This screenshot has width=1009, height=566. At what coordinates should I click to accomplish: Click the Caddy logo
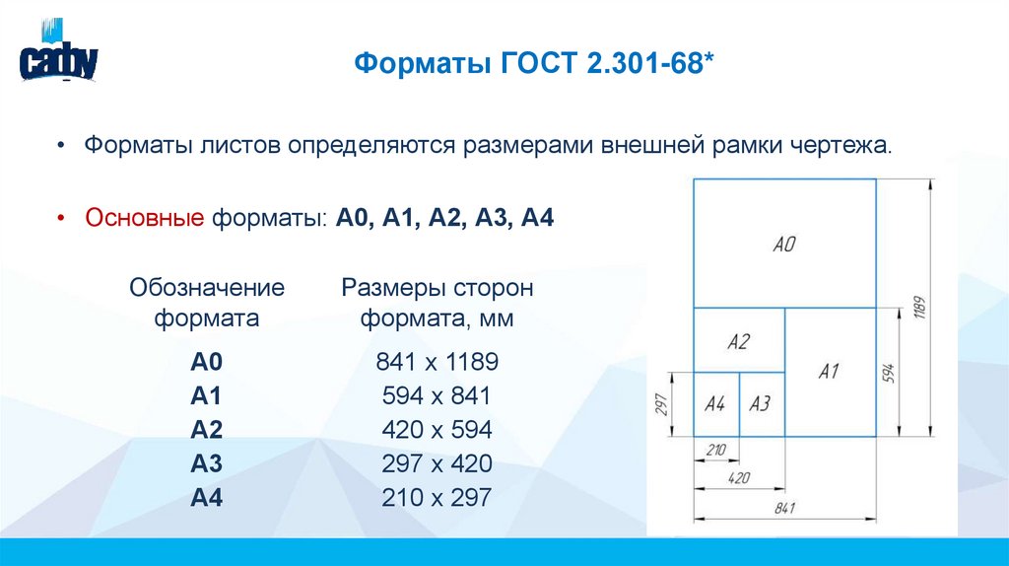pos(58,57)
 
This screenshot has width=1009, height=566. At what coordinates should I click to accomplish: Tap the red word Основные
pos(144,217)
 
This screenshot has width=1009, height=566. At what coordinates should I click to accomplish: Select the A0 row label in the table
pos(208,363)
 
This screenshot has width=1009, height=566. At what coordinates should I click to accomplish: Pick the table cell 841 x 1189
pos(437,363)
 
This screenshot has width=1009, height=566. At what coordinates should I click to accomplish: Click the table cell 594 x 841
pos(437,396)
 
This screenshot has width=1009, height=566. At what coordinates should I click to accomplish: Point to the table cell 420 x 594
pos(437,431)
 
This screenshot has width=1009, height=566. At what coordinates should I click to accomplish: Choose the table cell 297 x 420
pos(437,464)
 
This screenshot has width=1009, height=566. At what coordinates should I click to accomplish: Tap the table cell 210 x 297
pos(437,498)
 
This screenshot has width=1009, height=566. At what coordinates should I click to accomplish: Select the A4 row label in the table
pos(208,498)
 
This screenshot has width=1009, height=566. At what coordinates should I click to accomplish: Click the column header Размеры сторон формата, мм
pos(437,304)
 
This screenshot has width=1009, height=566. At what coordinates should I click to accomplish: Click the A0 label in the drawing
pos(783,245)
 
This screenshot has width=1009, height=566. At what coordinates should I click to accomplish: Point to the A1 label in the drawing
pos(829,372)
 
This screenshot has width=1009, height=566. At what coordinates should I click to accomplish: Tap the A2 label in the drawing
pos(738,342)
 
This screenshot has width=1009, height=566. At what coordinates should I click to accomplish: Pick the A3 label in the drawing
pos(760,404)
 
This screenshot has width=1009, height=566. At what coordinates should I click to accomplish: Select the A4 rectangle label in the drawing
pos(715,404)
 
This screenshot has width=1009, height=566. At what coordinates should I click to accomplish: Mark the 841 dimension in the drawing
pos(785,509)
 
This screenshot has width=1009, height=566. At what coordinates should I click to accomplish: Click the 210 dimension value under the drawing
pos(716,450)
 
